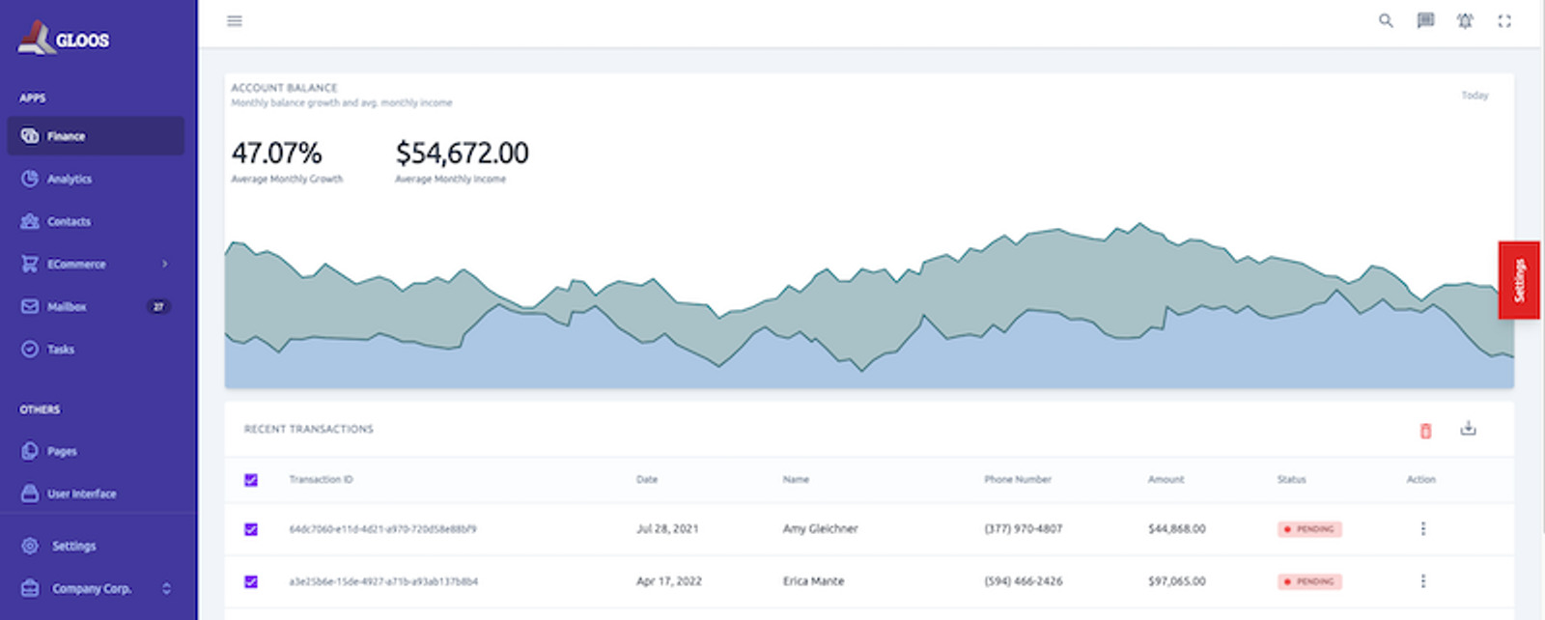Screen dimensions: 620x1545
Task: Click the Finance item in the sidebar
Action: (66, 136)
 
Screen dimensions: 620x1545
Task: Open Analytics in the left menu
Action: (69, 179)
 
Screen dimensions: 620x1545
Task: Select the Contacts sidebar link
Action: (69, 221)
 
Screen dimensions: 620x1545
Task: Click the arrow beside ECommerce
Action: (165, 264)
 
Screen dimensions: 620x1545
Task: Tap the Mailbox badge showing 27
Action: (158, 306)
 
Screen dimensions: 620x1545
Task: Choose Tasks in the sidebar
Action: (60, 349)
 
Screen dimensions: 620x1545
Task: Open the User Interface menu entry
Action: (81, 493)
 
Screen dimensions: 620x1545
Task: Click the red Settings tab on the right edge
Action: (1518, 280)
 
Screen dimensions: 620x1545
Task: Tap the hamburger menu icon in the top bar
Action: (235, 21)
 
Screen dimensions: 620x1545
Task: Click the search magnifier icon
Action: (1386, 21)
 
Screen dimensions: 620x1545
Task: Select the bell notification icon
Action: (1465, 21)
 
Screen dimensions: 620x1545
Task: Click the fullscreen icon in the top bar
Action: (1504, 21)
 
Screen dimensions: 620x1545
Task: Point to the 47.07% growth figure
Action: (276, 153)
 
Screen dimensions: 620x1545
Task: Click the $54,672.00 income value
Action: (462, 153)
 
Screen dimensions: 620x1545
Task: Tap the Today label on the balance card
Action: (1475, 96)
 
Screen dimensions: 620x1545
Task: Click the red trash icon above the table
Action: (1425, 431)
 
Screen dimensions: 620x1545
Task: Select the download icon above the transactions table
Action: (1468, 428)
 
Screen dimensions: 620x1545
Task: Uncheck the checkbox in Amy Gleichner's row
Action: (251, 529)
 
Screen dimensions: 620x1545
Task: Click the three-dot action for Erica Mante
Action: (1422, 581)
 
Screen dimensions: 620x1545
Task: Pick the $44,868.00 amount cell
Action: (1176, 529)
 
